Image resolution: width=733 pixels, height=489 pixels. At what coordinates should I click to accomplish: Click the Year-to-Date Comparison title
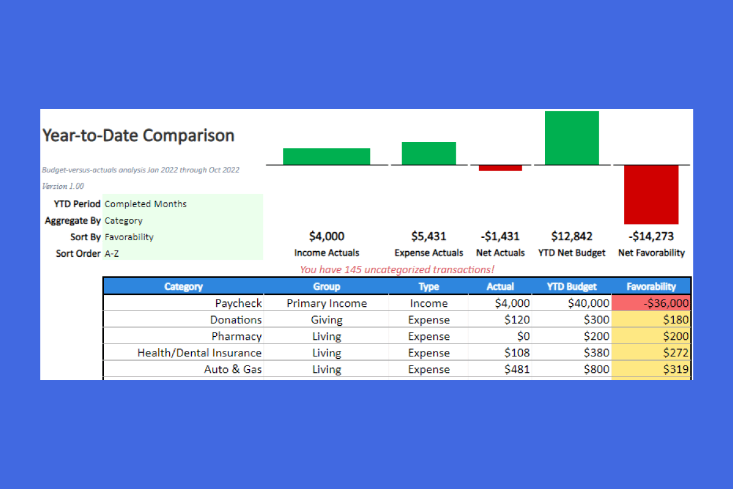pos(138,135)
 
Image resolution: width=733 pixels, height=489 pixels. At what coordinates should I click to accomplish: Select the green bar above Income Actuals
pos(326,156)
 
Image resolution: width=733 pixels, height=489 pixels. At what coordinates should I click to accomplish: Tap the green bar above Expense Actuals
pos(428,153)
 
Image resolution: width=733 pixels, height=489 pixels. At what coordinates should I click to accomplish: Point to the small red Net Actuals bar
pos(500,167)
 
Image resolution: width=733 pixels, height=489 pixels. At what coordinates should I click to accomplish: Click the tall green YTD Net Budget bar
pos(572,138)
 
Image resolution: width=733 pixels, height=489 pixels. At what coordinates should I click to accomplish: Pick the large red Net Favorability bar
pos(651,194)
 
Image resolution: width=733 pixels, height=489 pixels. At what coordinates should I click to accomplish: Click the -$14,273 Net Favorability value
pos(651,237)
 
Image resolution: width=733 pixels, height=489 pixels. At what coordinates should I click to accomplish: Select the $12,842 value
pos(572,237)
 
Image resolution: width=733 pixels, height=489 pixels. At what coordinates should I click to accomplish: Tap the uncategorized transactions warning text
pos(397,270)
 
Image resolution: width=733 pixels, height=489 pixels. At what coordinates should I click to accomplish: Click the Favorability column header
pos(651,286)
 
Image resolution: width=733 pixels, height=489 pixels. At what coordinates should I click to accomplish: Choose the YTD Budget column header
pos(572,286)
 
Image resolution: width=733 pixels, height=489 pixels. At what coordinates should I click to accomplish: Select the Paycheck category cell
pos(238,303)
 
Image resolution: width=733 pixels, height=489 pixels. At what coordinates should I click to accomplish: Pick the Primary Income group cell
pos(327,303)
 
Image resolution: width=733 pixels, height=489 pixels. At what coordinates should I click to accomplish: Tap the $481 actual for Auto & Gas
pos(517,369)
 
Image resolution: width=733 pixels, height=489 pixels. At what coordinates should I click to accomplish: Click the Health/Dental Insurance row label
pos(200,353)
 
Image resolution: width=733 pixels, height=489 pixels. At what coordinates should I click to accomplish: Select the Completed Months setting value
pos(146,204)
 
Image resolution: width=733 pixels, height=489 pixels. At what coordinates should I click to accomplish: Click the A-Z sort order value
pos(112,253)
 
